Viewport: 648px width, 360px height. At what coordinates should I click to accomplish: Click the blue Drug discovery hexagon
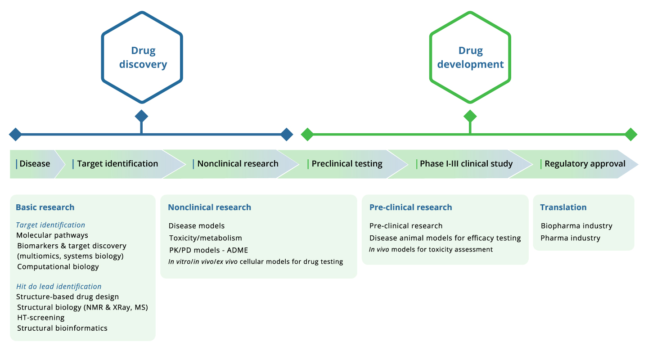[x=142, y=58]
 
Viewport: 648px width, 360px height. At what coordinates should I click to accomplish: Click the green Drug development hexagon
[x=470, y=58]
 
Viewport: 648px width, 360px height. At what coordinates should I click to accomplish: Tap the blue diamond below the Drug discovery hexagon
[x=142, y=116]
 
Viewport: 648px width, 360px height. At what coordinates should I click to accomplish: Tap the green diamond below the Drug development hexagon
[x=470, y=116]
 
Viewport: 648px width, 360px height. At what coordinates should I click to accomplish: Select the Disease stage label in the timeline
[x=35, y=164]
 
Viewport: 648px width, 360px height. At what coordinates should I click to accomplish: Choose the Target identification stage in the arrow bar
[x=117, y=164]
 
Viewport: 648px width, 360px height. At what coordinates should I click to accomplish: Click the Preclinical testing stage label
[x=346, y=164]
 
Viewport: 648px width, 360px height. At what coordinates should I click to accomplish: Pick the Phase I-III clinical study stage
[x=466, y=164]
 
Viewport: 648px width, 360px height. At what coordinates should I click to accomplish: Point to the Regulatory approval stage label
[x=585, y=164]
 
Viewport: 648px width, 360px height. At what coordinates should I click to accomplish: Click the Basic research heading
[x=45, y=207]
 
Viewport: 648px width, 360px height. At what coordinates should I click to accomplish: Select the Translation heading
[x=563, y=207]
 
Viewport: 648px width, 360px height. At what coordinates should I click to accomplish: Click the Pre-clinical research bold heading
[x=410, y=207]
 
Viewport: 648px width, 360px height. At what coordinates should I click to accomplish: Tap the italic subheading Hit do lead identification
[x=58, y=286]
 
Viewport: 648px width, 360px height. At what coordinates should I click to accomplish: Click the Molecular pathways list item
[x=52, y=235]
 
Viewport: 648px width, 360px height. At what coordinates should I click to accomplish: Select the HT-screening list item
[x=40, y=318]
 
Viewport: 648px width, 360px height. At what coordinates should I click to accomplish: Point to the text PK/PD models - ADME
[x=208, y=250]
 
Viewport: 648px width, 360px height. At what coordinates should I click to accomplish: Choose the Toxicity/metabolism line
[x=205, y=238]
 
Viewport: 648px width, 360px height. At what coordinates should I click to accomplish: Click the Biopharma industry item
[x=576, y=226]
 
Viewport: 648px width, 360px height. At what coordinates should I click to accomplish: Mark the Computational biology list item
[x=58, y=266]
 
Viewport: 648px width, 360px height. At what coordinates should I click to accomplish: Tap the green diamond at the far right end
[x=631, y=134]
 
